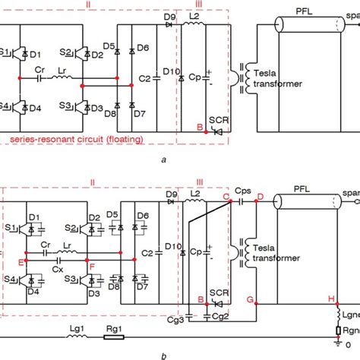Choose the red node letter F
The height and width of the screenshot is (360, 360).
pyautogui.click(x=92, y=265)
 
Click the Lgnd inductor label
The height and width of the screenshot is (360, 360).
pyautogui.click(x=349, y=315)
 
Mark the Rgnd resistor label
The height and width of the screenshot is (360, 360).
pyautogui.click(x=349, y=332)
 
